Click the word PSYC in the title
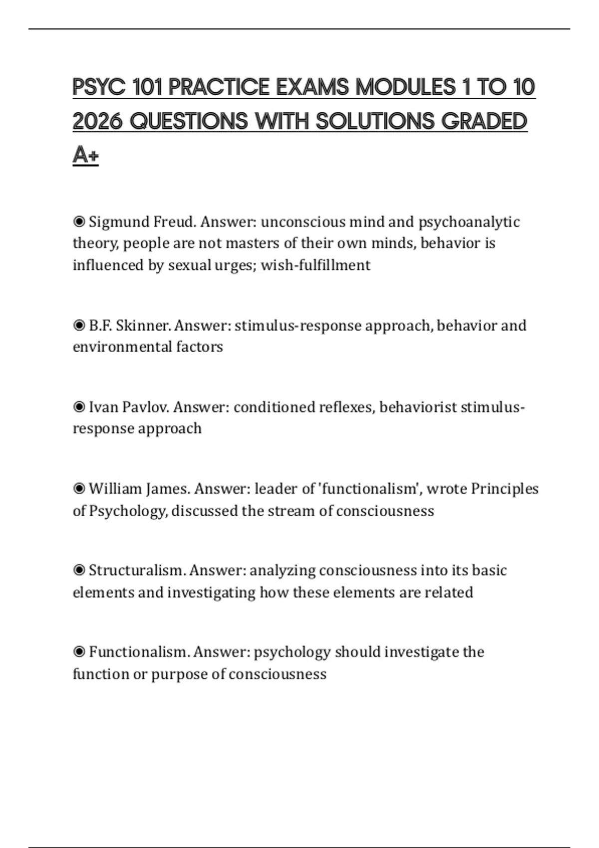[99, 88]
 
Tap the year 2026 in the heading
[98, 122]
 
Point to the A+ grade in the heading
[85, 155]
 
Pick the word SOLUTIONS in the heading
[375, 122]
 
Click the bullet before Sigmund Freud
[79, 221]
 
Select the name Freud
[174, 221]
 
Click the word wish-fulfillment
[315, 265]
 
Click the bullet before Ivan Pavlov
[79, 407]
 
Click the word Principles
[505, 488]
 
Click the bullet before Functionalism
[79, 652]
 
